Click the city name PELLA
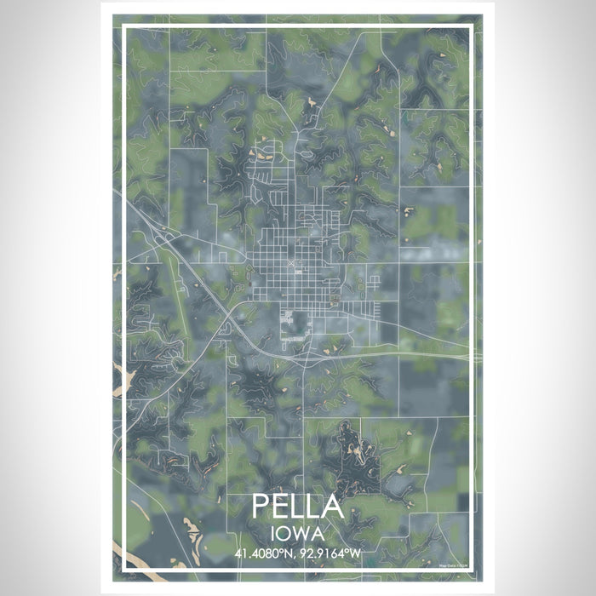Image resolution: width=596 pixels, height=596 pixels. pyautogui.click(x=298, y=506)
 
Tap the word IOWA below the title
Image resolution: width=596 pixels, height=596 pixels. pyautogui.click(x=298, y=534)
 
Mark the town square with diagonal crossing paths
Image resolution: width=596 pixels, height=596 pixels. pyautogui.click(x=295, y=266)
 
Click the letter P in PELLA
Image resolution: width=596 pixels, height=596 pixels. pyautogui.click(x=261, y=506)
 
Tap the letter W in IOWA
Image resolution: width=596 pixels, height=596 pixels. pyautogui.click(x=304, y=534)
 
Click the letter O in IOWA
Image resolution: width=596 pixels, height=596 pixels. pyautogui.click(x=287, y=534)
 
